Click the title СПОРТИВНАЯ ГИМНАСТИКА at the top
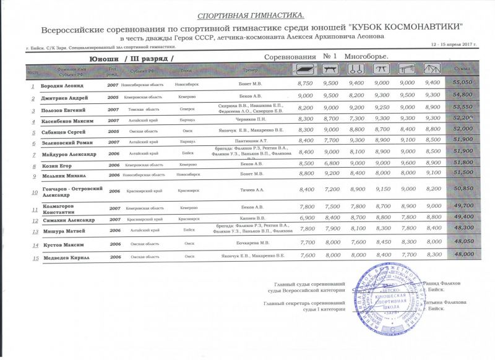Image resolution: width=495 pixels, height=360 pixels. pyautogui.click(x=250, y=14)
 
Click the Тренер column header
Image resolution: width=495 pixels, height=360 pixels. pyautogui.click(x=250, y=70)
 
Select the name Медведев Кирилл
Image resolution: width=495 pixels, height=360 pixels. pyautogui.click(x=69, y=256)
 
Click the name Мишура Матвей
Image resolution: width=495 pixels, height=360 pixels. pyautogui.click(x=64, y=231)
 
